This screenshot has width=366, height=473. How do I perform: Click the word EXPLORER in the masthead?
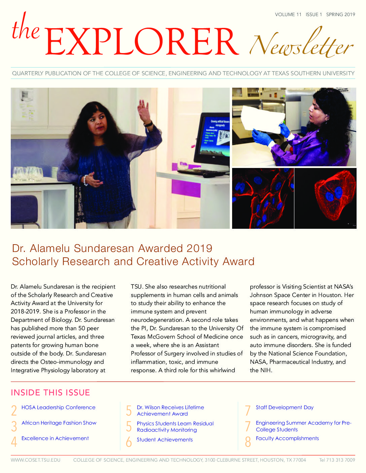pos(141,42)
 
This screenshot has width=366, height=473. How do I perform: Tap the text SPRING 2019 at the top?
pos(340,14)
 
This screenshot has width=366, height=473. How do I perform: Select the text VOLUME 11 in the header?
pos(288,14)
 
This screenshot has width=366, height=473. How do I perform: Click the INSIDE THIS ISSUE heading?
pos(50,393)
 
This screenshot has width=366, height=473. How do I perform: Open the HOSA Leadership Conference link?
pos(58,407)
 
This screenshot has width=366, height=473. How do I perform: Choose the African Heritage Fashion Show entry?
pos(59,423)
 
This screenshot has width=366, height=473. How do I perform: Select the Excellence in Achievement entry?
pos(55,438)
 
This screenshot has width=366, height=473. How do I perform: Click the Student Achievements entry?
pos(164,440)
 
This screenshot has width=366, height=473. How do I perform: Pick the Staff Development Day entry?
pos(285,407)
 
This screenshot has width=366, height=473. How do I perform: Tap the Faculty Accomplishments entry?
pos(287,438)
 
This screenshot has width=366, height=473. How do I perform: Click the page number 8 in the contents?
pos(248,442)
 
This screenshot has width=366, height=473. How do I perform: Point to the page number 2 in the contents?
pos(14,411)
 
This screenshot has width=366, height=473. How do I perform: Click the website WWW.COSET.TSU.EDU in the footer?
pos(36,460)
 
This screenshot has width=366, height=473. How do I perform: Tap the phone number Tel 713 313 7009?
pos(337,460)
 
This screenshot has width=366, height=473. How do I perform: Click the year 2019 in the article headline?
pos(199,248)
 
